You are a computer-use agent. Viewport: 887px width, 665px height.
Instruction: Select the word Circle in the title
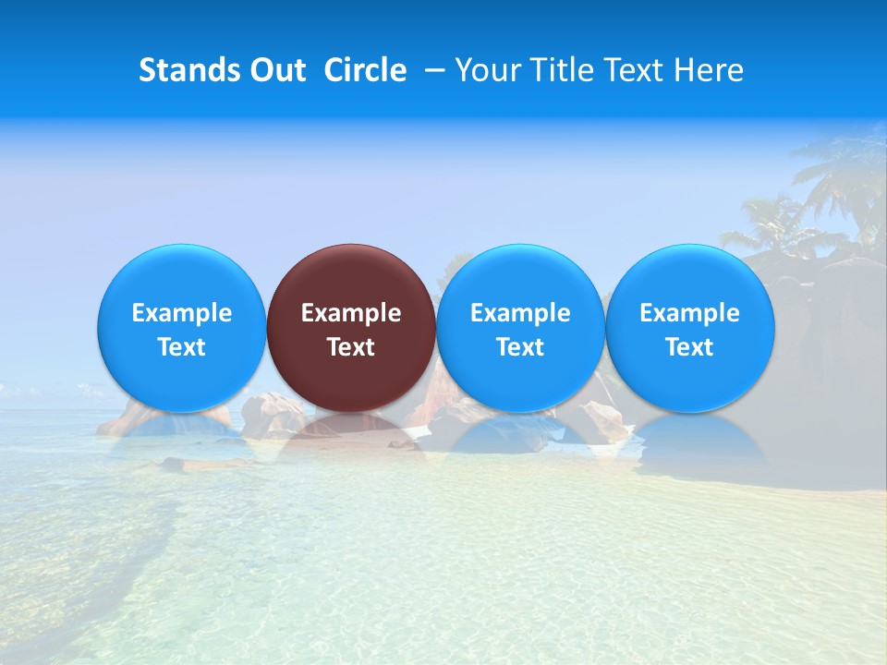[x=365, y=70]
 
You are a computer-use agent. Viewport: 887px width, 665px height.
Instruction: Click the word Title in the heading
[x=562, y=70]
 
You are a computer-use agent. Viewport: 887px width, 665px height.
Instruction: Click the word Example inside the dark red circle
[x=351, y=313]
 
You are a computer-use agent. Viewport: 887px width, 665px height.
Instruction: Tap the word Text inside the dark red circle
[x=351, y=347]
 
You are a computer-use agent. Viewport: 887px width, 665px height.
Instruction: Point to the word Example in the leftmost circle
[x=182, y=313]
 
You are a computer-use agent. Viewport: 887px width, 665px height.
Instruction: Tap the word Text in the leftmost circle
[x=182, y=347]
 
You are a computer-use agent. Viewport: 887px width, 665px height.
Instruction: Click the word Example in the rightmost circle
[x=690, y=313]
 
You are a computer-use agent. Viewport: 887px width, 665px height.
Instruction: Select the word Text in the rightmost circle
[x=690, y=347]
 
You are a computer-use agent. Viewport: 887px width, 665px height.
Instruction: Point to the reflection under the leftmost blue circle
[x=182, y=434]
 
